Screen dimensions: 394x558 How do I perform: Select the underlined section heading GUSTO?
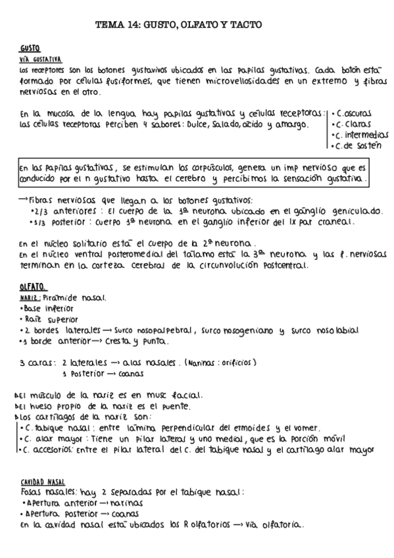[30, 49]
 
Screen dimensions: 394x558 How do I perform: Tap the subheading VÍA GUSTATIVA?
[40, 59]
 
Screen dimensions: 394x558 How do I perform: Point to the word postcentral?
[280, 266]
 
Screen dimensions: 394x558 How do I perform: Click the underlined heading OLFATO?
[32, 287]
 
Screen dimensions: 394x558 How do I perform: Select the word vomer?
[307, 428]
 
